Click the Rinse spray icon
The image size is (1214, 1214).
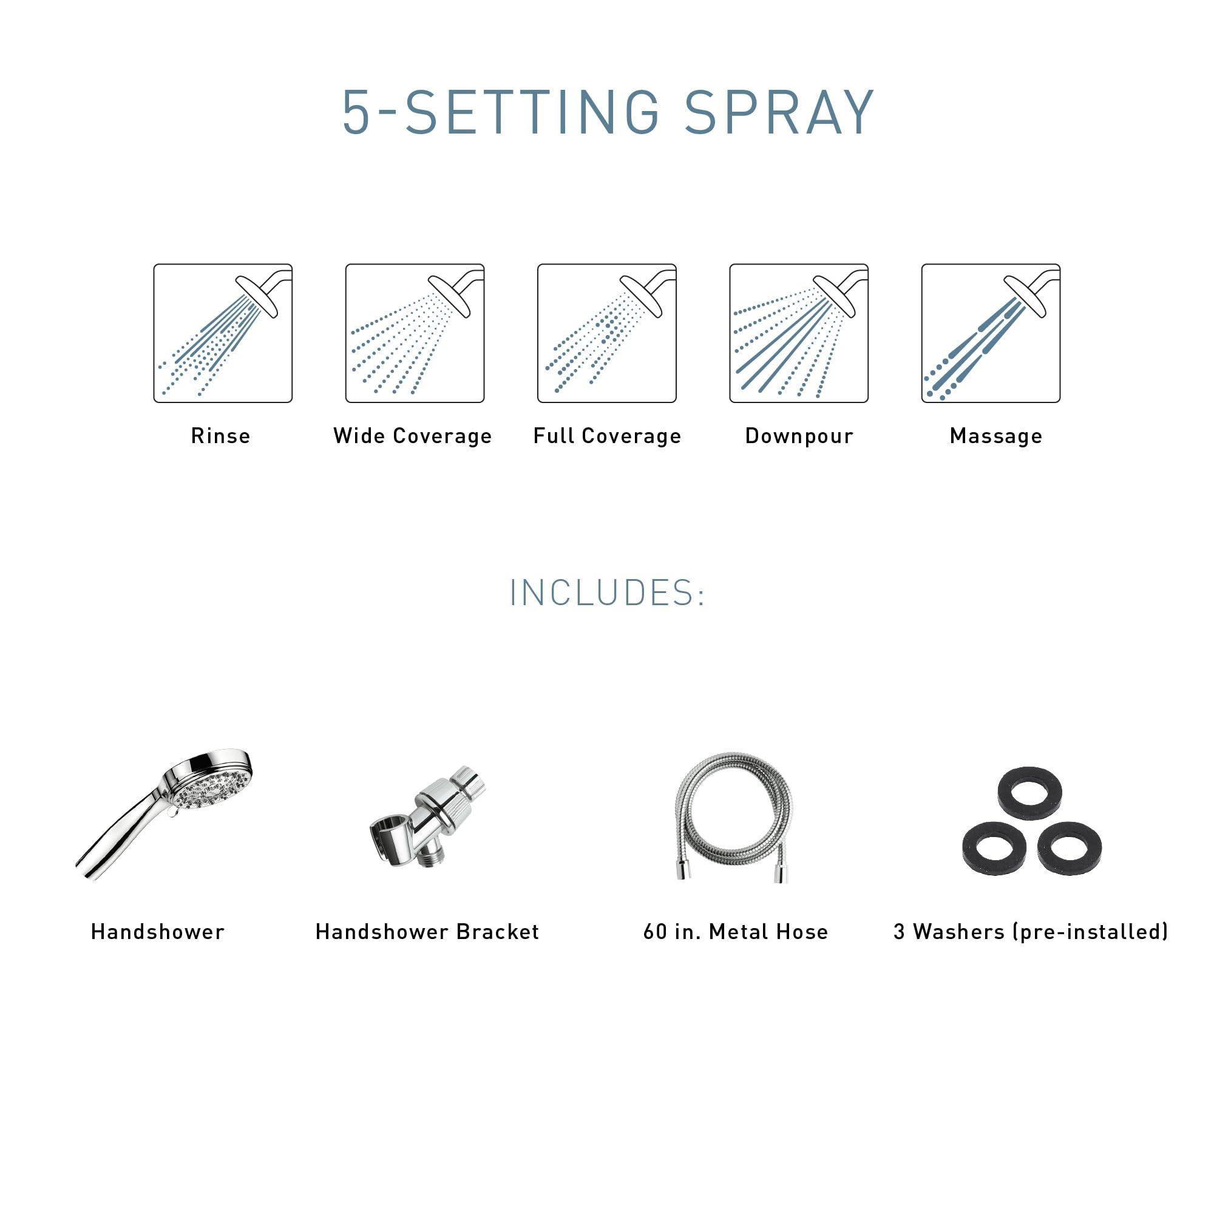coord(223,333)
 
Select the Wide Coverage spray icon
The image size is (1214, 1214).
coord(415,333)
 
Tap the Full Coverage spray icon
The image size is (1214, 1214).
coord(607,333)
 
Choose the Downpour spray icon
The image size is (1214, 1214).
coord(799,333)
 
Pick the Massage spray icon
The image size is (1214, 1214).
coord(991,333)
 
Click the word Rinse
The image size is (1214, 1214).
coord(220,436)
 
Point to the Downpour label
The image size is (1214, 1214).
coord(799,436)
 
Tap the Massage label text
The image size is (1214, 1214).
coord(996,436)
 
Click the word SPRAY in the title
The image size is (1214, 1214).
coord(779,113)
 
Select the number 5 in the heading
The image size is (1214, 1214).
coord(355,113)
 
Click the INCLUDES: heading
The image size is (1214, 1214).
coord(607,592)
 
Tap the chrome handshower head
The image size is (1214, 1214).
coord(211,784)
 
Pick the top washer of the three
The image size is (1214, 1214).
coord(1030,793)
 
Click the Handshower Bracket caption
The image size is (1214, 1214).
coord(427,932)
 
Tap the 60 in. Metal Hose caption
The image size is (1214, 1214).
coord(736,932)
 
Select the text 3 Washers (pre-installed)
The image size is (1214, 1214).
coord(1031,932)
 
